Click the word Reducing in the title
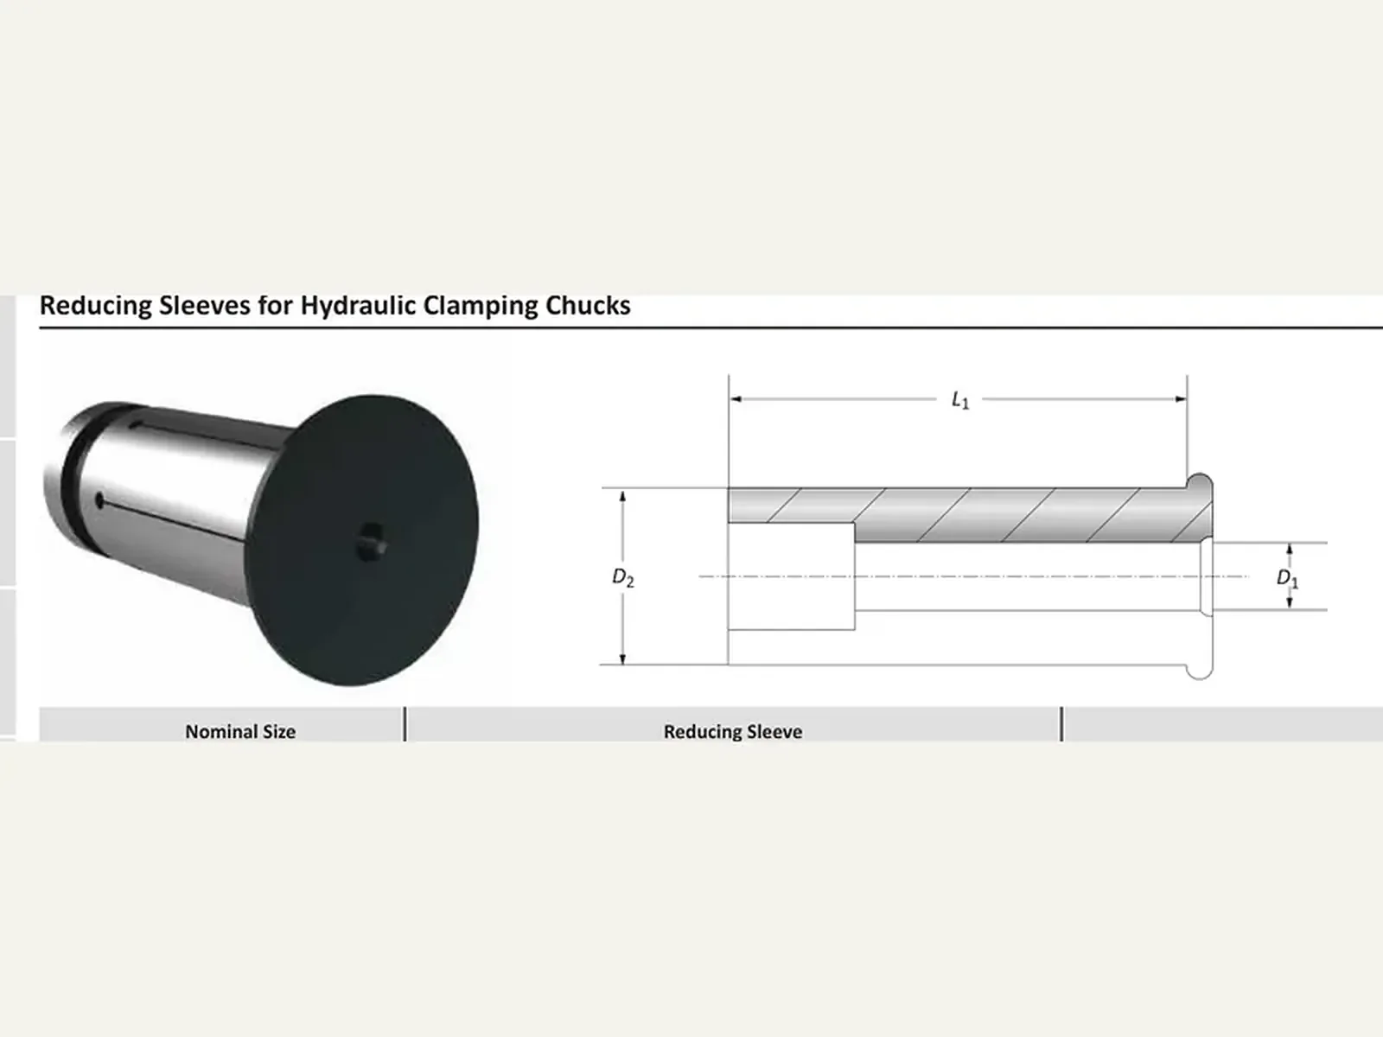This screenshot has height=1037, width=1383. (95, 306)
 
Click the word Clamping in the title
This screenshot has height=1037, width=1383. (480, 306)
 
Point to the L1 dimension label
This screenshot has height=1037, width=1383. (960, 400)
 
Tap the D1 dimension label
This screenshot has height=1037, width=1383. (1287, 577)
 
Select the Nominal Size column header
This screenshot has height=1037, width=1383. (240, 732)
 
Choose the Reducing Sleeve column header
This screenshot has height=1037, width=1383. (733, 732)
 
